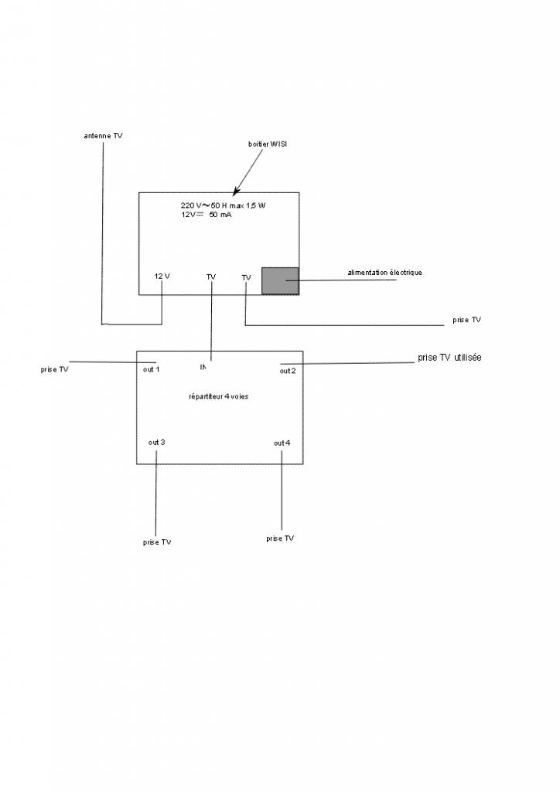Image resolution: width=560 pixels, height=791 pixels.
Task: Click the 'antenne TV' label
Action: (x=103, y=136)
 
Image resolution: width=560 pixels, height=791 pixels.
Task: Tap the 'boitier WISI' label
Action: (x=268, y=144)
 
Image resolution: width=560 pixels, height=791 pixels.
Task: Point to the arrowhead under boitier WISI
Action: (x=235, y=189)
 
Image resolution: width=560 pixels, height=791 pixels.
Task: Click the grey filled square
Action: (x=280, y=280)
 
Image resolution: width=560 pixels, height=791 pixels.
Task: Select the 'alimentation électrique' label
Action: (x=384, y=273)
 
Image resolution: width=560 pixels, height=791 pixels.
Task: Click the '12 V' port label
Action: (x=162, y=277)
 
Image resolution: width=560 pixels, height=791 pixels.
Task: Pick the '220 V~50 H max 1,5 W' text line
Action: (x=228, y=205)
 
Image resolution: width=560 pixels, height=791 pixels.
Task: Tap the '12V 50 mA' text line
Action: (x=207, y=215)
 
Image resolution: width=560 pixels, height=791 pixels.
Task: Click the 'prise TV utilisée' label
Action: (x=449, y=358)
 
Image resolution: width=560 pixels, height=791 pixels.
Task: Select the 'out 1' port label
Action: (x=152, y=369)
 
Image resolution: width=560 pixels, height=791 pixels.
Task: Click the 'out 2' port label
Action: (x=288, y=372)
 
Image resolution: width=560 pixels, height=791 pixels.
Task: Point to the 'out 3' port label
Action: (x=156, y=443)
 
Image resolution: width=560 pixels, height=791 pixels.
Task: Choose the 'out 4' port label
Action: (x=282, y=443)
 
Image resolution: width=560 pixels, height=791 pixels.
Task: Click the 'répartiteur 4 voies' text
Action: (x=219, y=396)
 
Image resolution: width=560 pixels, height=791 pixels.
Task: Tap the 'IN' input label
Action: (x=203, y=367)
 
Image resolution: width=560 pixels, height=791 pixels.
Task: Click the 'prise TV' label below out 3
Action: (x=157, y=542)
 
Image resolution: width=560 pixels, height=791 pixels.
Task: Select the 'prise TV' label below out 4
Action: (x=280, y=538)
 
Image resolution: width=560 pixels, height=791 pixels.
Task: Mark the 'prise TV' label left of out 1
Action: (x=54, y=370)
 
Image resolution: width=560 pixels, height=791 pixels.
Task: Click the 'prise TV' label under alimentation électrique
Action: (x=467, y=320)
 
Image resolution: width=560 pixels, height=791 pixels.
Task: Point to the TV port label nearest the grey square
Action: (x=246, y=277)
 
